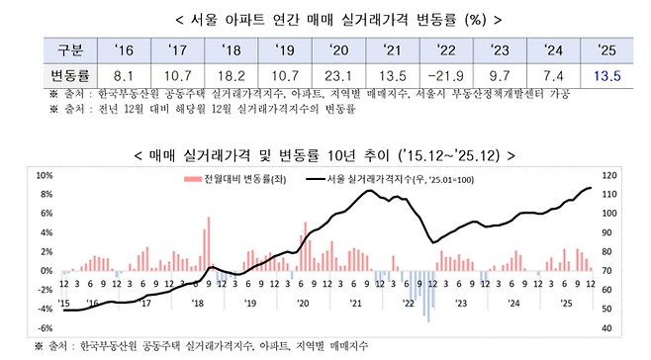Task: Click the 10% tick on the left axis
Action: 44,175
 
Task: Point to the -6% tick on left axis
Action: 44,327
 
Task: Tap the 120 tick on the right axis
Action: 609,175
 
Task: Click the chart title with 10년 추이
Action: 325,154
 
